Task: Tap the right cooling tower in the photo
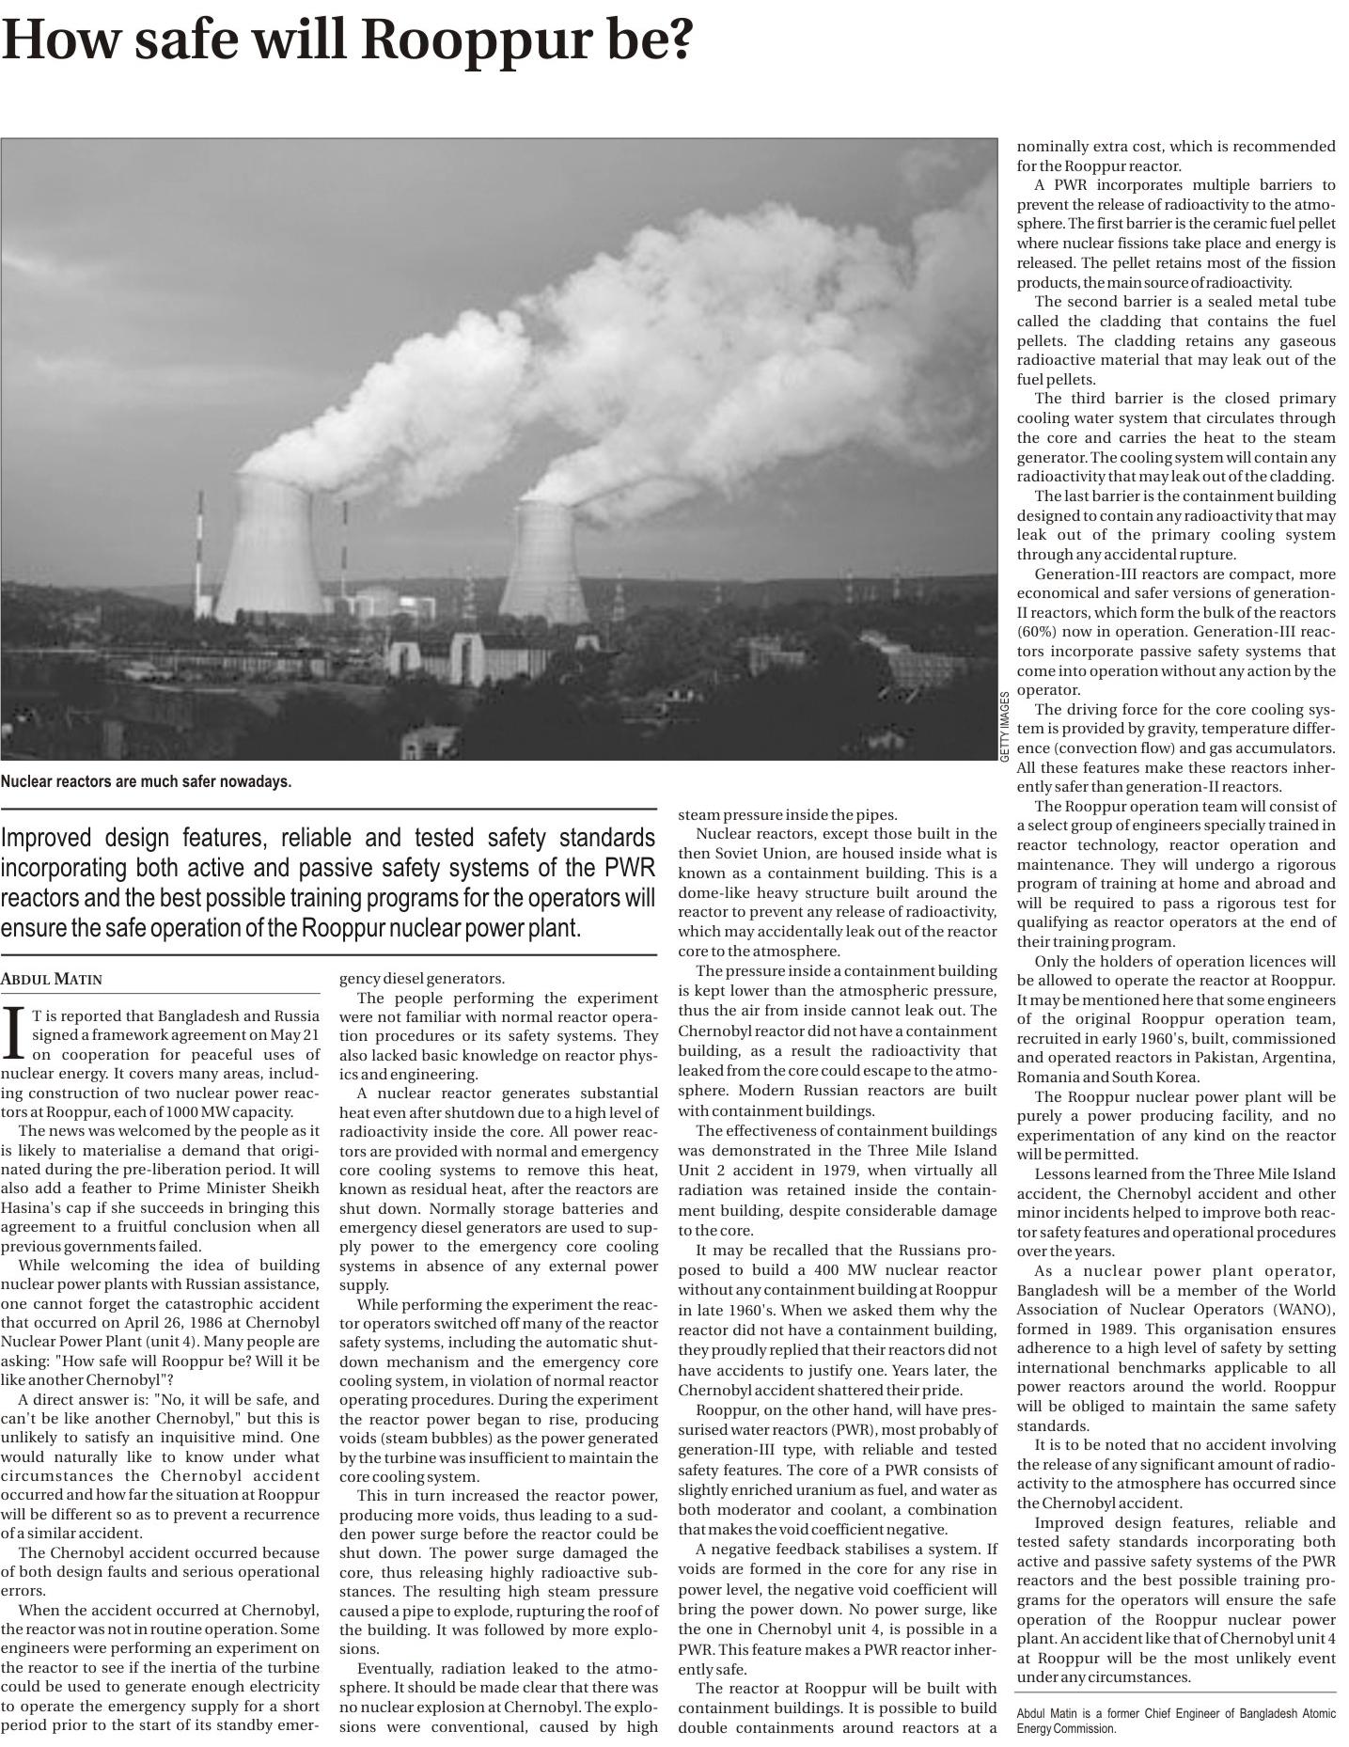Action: point(545,564)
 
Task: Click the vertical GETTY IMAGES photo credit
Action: point(1005,726)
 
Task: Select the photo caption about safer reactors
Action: point(146,781)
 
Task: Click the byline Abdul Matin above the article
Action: point(52,979)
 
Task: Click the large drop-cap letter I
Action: point(13,1031)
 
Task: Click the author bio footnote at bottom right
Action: point(1175,1721)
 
